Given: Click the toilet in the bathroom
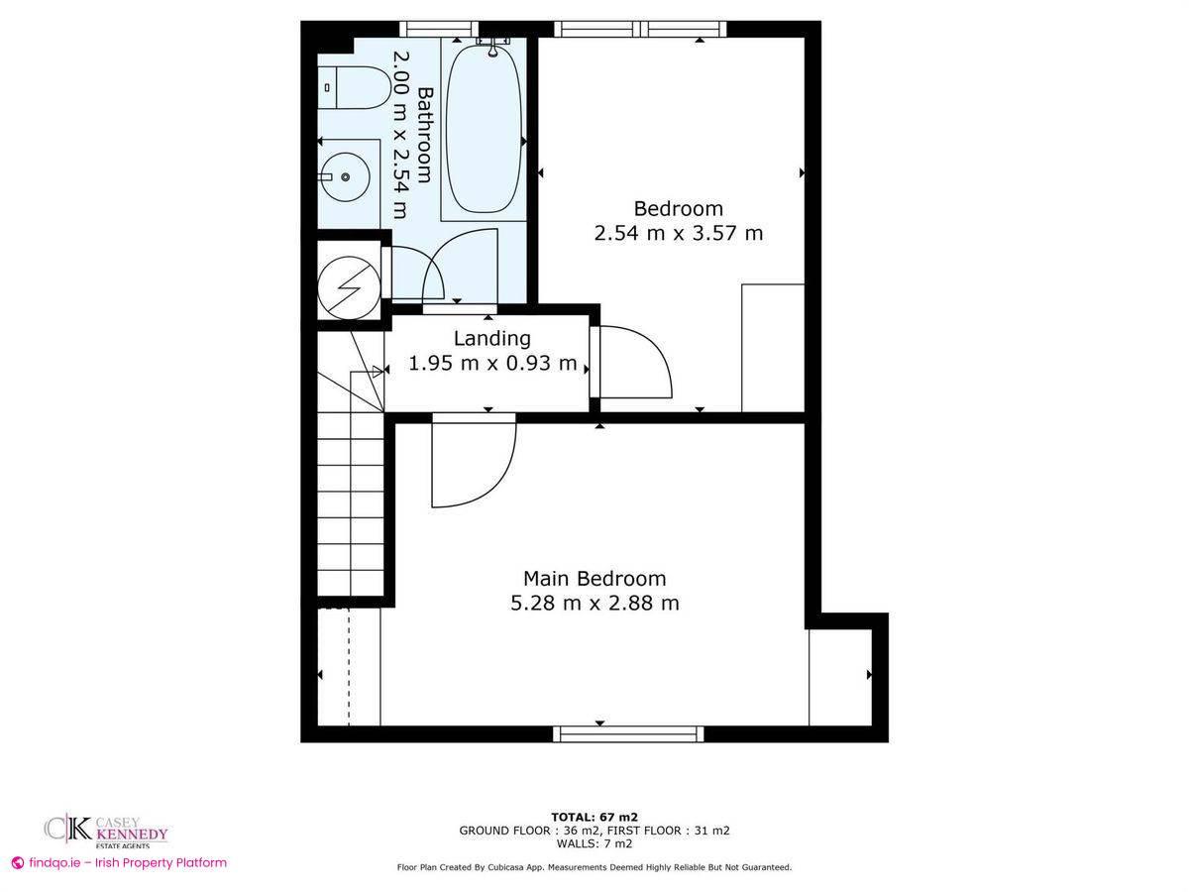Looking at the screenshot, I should pyautogui.click(x=351, y=86).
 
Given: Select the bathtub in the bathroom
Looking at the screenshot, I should pyautogui.click(x=483, y=129).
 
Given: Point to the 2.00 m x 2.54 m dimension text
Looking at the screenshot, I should pyautogui.click(x=400, y=135).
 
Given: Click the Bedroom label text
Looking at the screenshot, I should pyautogui.click(x=679, y=209).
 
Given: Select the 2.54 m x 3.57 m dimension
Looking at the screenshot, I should pyautogui.click(x=679, y=234).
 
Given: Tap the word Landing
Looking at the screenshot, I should pyautogui.click(x=492, y=338).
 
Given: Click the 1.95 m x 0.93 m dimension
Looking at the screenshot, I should pyautogui.click(x=492, y=364).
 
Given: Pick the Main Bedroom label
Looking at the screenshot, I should pyautogui.click(x=594, y=578).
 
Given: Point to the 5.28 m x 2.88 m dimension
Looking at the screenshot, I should pyautogui.click(x=594, y=603).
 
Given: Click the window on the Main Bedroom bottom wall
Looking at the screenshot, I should pyautogui.click(x=628, y=733).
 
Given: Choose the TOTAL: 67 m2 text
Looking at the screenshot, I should pyautogui.click(x=594, y=817).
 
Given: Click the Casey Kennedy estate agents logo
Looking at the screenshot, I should pyautogui.click(x=105, y=831).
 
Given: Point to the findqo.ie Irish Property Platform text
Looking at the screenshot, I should pyautogui.click(x=119, y=863).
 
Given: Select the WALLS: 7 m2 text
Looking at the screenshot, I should pyautogui.click(x=594, y=843).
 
